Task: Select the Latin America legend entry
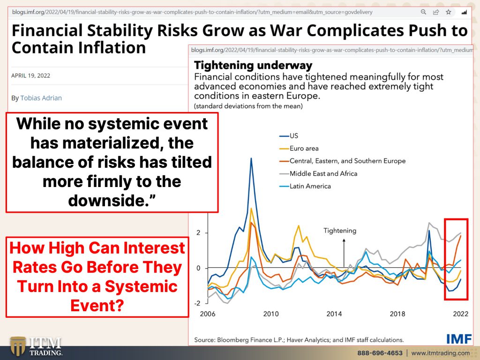pos(305,186)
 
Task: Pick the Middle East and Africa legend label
pos(318,173)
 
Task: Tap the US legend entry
pos(289,135)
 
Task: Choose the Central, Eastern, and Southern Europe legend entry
pos(343,161)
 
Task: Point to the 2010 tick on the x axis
pos(271,314)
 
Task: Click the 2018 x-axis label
pos(397,314)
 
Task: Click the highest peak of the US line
pos(251,158)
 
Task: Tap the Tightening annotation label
pos(340,231)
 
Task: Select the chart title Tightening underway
pos(253,65)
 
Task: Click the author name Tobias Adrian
pos(41,98)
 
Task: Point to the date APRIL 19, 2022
pos(30,75)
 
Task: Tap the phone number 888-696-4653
pos(380,353)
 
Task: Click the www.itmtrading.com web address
pos(440,353)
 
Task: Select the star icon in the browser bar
pos(449,12)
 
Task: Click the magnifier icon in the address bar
pos(423,12)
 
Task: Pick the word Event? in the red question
pos(97,305)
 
